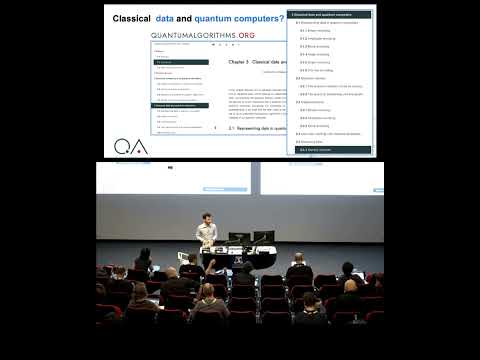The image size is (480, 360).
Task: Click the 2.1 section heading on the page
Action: coord(250,128)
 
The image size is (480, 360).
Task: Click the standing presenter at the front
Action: coord(206,237)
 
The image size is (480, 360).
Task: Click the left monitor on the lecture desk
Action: coord(239,237)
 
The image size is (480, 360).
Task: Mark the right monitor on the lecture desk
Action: coord(262,237)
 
